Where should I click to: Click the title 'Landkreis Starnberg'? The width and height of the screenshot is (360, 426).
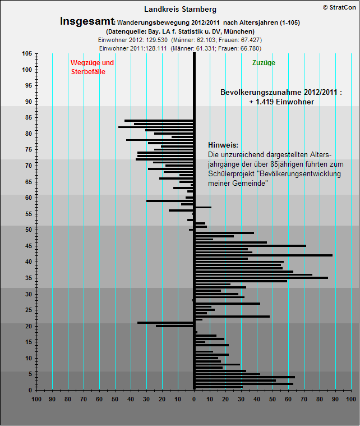pyautogui.click(x=180, y=9)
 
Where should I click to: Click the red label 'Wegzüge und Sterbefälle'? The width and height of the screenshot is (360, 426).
pyautogui.click(x=91, y=67)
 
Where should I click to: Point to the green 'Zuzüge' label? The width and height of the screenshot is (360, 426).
pyautogui.click(x=264, y=63)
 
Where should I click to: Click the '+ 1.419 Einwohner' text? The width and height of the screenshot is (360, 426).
pyautogui.click(x=281, y=102)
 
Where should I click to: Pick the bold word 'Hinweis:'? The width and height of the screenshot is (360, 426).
pyautogui.click(x=223, y=145)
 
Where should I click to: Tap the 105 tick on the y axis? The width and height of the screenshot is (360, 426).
pyautogui.click(x=27, y=54)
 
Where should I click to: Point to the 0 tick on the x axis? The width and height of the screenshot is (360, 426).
pyautogui.click(x=194, y=399)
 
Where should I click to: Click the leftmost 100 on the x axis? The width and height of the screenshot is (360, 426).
pyautogui.click(x=37, y=399)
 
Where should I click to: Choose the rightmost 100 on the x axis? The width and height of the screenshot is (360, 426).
pyautogui.click(x=351, y=399)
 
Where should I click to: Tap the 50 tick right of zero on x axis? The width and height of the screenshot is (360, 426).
pyautogui.click(x=273, y=399)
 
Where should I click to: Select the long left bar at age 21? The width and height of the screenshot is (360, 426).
pyautogui.click(x=165, y=323)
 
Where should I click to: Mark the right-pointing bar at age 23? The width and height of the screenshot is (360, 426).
pyautogui.click(x=232, y=317)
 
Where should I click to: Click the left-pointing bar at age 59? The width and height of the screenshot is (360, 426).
pyautogui.click(x=170, y=200)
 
